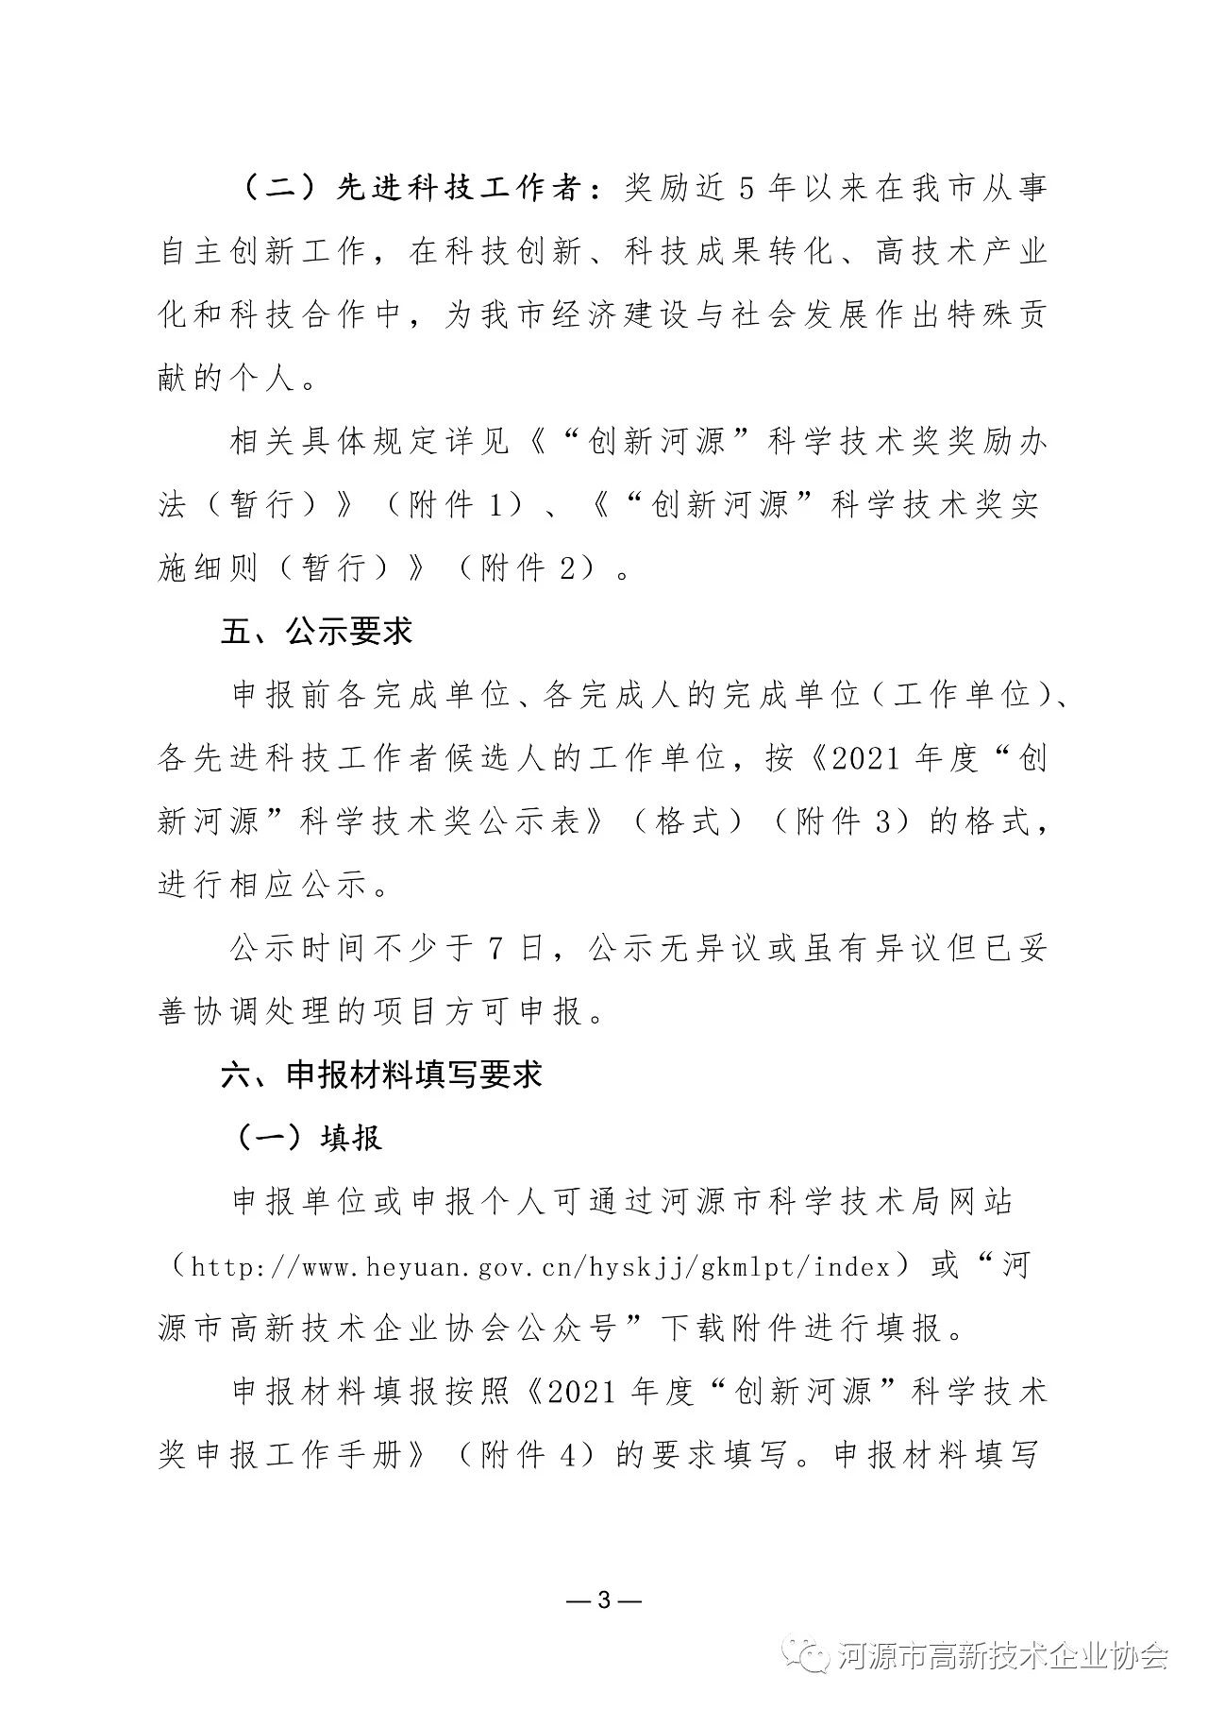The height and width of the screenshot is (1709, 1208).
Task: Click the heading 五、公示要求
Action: coord(317,632)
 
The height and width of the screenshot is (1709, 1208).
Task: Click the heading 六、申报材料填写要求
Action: coord(381,1074)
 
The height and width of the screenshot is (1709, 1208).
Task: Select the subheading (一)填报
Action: coord(309,1138)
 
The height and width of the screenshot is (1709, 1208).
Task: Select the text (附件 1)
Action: coord(452,505)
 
